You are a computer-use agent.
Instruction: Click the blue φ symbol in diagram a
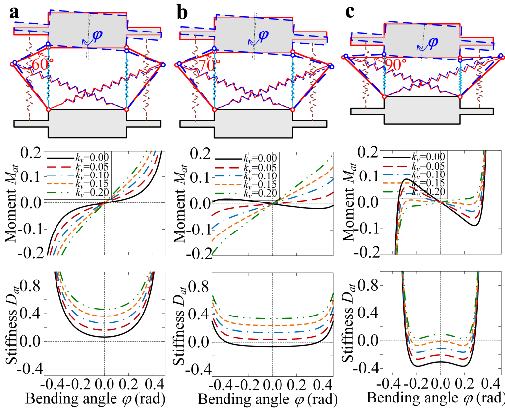[x=97, y=36]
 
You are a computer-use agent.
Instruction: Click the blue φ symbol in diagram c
[x=433, y=41]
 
